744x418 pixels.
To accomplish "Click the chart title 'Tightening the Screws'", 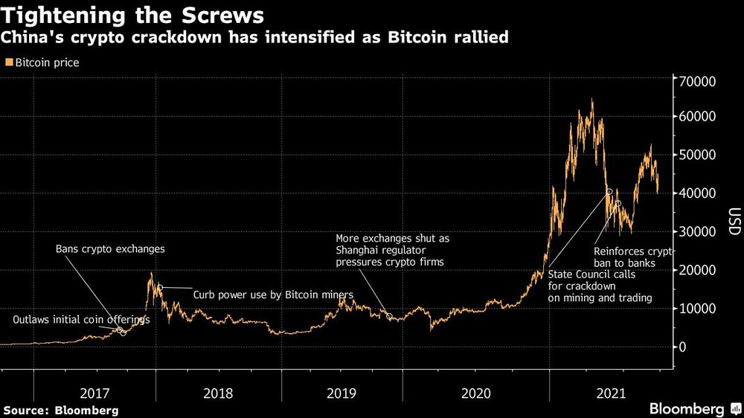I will click(x=134, y=15).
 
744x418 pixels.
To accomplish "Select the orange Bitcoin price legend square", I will click(x=9, y=63).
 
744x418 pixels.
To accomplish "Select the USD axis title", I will click(x=734, y=221).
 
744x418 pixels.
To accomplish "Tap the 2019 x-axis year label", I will click(x=341, y=392).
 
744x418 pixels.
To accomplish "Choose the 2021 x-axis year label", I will click(x=610, y=392).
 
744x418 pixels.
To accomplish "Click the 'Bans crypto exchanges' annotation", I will click(x=110, y=249).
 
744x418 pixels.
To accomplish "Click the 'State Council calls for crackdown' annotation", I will click(x=600, y=286).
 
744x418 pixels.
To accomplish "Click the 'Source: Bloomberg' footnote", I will click(x=61, y=410).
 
